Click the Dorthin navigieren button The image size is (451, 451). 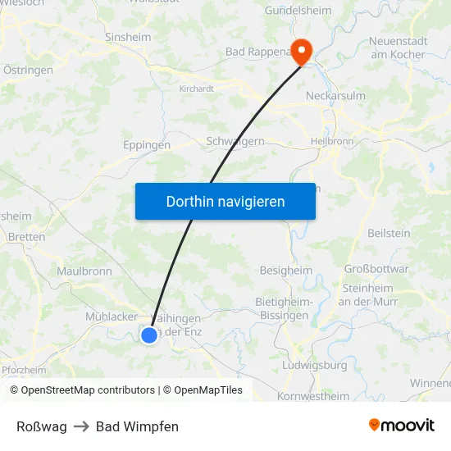pos(225,201)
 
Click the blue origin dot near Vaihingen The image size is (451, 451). pos(149,335)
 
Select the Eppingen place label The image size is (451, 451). pos(147,145)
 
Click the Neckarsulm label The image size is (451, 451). pos(335,96)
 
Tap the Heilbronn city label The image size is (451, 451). pos(331,141)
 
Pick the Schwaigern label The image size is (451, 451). pos(235,141)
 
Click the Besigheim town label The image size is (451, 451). pos(285,270)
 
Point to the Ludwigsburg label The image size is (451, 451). pos(314,365)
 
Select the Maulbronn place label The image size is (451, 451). pos(84,271)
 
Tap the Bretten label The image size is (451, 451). pos(26,237)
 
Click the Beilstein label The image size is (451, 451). pos(389,234)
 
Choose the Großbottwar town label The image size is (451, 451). pos(376,269)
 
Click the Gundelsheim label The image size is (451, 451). pos(298,11)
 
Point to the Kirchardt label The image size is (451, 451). pos(197,89)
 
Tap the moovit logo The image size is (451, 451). pos(402,426)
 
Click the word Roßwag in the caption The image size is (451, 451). pos(42,426)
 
